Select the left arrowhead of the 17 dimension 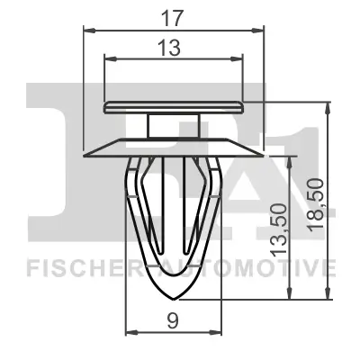coord(87,30)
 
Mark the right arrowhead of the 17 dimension coord(264,30)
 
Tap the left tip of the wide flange coord(85,152)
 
